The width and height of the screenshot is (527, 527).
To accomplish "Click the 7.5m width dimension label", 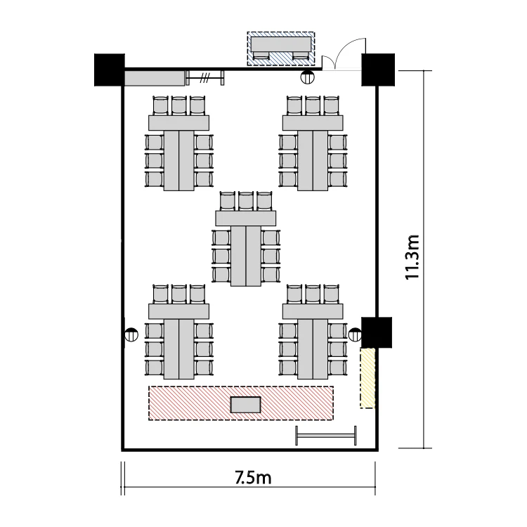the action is [x=253, y=477].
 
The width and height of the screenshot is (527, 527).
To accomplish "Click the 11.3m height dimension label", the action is [x=412, y=257].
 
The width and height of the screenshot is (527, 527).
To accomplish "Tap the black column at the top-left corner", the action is [x=109, y=70].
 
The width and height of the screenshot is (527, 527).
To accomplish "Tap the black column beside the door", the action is [x=378, y=70].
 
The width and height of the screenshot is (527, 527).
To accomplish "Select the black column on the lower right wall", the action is [x=377, y=332].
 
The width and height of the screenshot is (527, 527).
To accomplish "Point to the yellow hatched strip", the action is [x=367, y=378].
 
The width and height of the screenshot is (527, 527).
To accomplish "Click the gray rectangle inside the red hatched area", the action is [x=246, y=405].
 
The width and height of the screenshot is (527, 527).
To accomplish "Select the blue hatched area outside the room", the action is [x=281, y=48].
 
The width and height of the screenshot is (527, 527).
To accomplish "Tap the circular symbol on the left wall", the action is [x=131, y=334].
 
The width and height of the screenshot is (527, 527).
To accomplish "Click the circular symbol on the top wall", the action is [x=307, y=77].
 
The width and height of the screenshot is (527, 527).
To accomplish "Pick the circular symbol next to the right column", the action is [x=356, y=334].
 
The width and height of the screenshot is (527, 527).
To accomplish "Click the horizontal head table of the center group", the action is [x=246, y=218].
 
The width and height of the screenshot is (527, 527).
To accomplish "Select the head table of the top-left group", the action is [x=178, y=123].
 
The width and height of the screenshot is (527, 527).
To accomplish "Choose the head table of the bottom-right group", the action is [x=313, y=311].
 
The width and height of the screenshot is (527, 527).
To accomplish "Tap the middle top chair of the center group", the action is [x=246, y=201].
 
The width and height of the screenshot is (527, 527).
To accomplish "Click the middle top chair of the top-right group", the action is [x=313, y=105].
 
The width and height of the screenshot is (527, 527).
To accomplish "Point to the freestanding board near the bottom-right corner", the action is [x=325, y=436].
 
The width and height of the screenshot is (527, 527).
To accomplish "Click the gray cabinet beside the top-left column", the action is [x=155, y=78].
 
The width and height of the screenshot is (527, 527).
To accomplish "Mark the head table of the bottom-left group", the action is [x=178, y=311].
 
